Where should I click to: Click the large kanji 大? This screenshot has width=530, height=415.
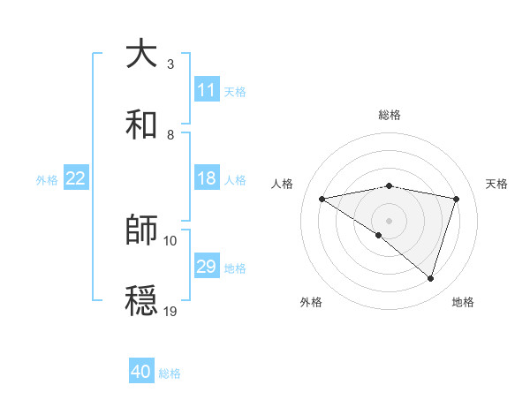pyautogui.click(x=142, y=54)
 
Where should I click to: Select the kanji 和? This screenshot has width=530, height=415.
pyautogui.click(x=142, y=124)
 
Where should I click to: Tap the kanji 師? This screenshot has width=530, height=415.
pyautogui.click(x=142, y=230)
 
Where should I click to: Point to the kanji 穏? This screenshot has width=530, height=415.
pyautogui.click(x=142, y=301)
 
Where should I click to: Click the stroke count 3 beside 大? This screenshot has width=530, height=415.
pyautogui.click(x=170, y=64)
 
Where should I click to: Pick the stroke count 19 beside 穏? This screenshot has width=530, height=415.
pyautogui.click(x=170, y=311)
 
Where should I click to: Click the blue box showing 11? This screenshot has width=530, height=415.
pyautogui.click(x=207, y=90)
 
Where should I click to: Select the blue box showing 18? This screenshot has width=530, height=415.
pyautogui.click(x=207, y=178)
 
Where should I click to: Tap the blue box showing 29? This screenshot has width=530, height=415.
pyautogui.click(x=207, y=267)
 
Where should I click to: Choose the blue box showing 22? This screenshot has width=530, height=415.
pyautogui.click(x=76, y=178)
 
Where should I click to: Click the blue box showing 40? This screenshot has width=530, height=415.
pyautogui.click(x=141, y=372)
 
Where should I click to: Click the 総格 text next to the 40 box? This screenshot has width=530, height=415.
pyautogui.click(x=170, y=373)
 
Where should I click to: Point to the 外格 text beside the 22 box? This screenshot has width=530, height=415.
pyautogui.click(x=47, y=180)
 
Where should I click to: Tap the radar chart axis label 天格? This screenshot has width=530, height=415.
pyautogui.click(x=497, y=184)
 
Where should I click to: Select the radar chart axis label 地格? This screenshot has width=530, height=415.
pyautogui.click(x=463, y=302)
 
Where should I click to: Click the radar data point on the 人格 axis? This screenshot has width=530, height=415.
pyautogui.click(x=322, y=199)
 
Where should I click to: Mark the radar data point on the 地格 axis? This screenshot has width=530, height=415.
pyautogui.click(x=430, y=278)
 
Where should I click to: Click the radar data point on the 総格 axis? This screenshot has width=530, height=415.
pyautogui.click(x=390, y=185)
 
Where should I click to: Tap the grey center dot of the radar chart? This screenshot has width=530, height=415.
pyautogui.click(x=390, y=220)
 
